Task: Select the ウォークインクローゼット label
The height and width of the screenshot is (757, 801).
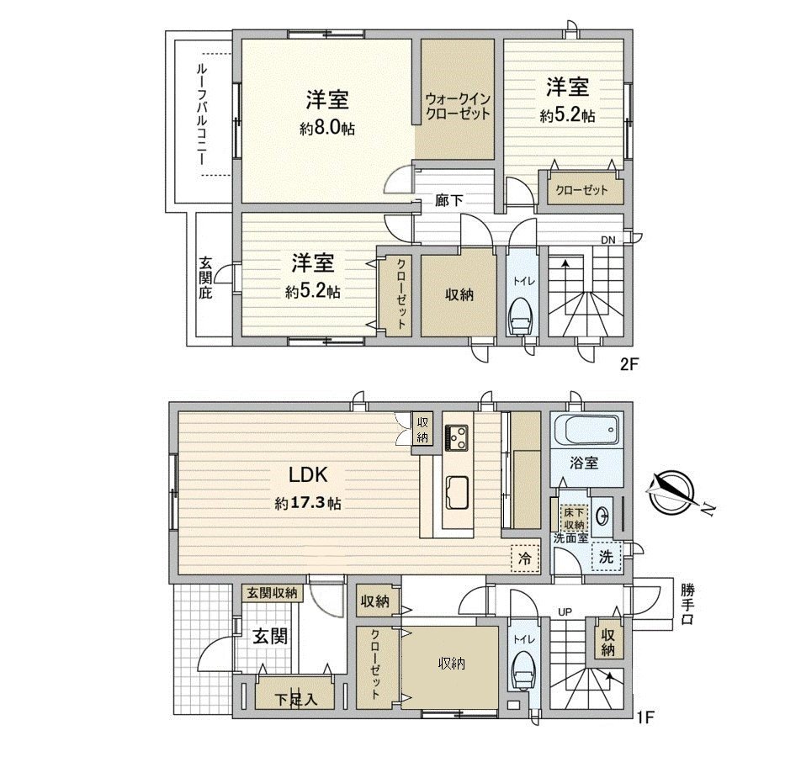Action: point(457,105)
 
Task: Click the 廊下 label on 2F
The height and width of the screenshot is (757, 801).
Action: point(447,200)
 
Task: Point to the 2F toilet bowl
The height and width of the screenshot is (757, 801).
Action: point(521,319)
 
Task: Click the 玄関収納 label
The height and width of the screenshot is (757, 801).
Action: point(272,593)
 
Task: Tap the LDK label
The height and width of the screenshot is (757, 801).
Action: point(307,475)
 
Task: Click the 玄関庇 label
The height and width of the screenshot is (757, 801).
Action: point(205,278)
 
